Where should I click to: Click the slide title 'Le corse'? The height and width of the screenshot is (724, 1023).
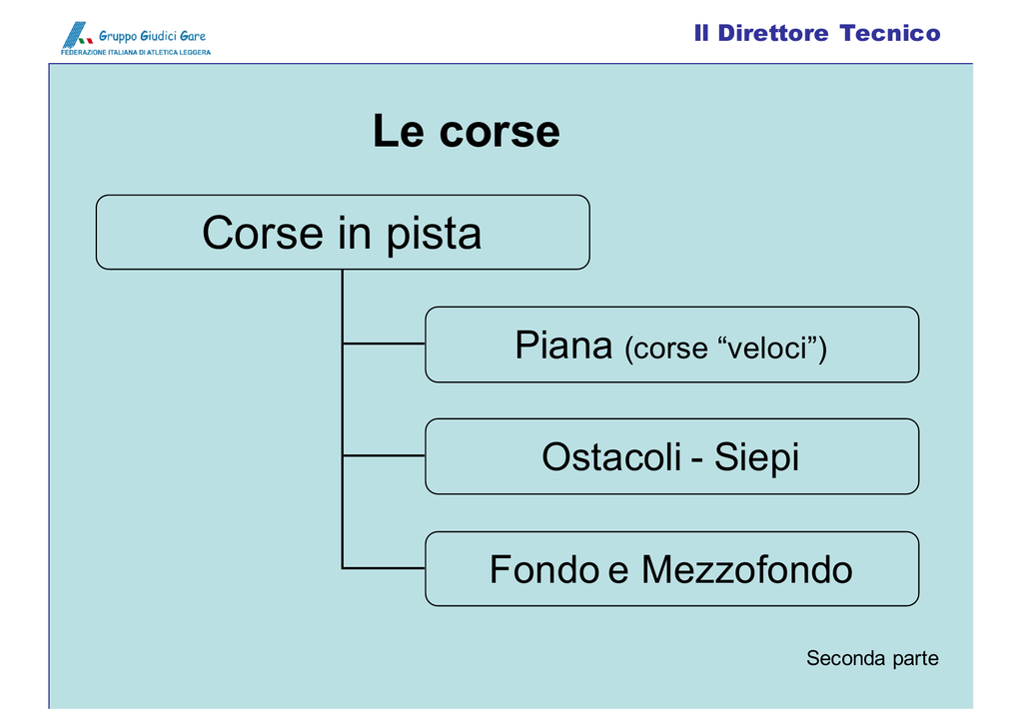466,131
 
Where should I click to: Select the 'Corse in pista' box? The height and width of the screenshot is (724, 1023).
343,233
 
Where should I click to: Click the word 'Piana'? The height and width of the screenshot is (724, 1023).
563,346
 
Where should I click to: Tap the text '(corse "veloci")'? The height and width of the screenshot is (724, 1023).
725,349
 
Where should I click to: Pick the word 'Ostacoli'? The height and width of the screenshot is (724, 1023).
611,456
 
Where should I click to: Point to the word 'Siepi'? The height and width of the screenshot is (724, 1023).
757,456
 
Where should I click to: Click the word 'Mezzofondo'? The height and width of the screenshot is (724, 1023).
747,569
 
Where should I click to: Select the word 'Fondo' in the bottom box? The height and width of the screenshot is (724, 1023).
544,569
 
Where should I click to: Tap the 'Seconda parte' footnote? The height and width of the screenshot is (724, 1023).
872,658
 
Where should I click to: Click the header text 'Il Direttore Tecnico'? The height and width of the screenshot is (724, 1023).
817,33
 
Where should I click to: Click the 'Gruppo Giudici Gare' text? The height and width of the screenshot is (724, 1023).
152,36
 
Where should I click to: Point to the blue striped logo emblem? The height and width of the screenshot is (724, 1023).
76,35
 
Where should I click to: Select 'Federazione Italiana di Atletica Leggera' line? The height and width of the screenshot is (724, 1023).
136,52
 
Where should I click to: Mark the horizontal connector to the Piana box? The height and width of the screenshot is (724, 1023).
384,344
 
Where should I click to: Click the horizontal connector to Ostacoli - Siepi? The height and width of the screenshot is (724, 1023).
384,455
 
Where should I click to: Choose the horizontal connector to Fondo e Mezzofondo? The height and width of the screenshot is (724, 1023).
384,568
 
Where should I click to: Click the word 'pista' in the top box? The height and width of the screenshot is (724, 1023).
434,234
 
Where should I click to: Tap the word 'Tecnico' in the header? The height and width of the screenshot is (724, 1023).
890,33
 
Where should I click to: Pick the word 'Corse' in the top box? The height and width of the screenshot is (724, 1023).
263,233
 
